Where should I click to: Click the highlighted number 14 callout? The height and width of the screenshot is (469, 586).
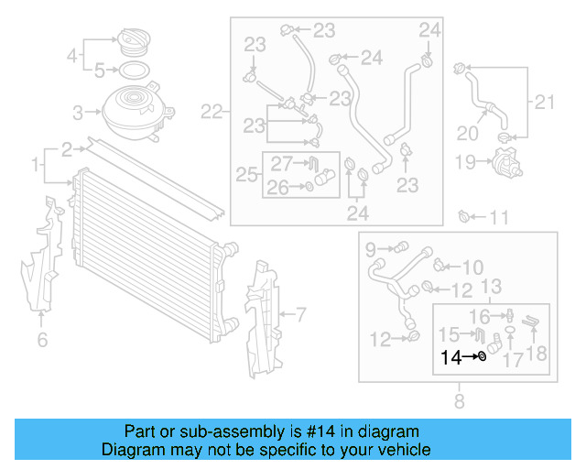pos(451,357)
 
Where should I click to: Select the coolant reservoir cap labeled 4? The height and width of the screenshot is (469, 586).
pos(127,45)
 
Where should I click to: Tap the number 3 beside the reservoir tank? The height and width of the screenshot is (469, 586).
pos(79,114)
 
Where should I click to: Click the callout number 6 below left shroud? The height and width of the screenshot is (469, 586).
pos(42,341)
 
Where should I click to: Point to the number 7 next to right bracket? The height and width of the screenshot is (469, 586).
pos(299,314)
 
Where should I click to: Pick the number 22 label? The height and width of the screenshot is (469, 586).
pos(212,113)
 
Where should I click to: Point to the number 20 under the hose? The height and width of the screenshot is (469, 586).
pos(467,133)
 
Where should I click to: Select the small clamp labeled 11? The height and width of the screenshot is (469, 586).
pos(464,217)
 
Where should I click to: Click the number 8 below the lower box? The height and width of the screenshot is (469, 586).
pos(459,399)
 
